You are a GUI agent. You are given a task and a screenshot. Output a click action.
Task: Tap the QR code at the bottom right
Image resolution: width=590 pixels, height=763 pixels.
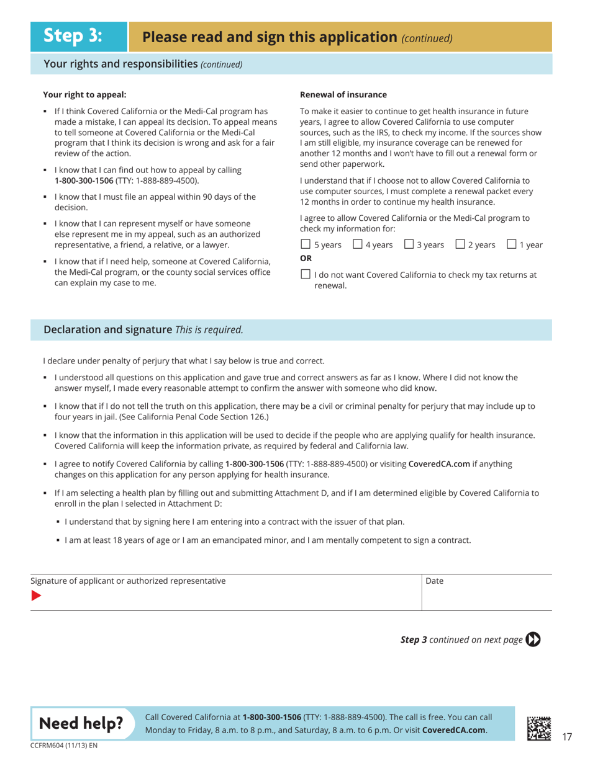coord(538,728)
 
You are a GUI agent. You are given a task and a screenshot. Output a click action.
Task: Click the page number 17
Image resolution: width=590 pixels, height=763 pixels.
coord(566,737)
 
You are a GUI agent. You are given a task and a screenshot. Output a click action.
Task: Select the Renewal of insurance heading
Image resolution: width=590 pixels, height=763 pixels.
coord(343,95)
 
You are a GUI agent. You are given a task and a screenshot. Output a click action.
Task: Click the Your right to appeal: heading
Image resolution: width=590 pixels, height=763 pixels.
coord(84,95)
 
